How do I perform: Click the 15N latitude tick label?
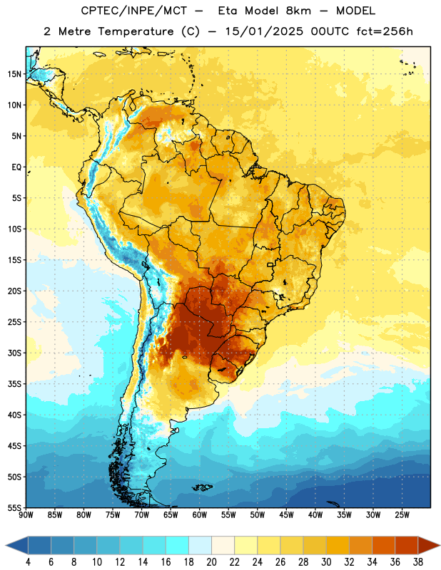[x=14, y=74]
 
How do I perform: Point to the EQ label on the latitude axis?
[x=16, y=167]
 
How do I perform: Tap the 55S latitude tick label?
[x=14, y=507]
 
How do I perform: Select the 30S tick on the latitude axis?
[x=14, y=353]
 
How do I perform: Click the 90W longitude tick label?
[x=26, y=515]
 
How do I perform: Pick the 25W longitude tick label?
[x=402, y=515]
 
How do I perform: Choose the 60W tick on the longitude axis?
[x=200, y=515]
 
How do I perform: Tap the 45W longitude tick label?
[x=286, y=515]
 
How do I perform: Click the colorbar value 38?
[x=418, y=562]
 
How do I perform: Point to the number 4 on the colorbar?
[x=28, y=562]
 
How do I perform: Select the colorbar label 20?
[x=211, y=562]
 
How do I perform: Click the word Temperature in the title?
[x=136, y=31]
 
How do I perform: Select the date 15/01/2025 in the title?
[x=264, y=31]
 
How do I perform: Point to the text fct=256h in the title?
[x=385, y=31]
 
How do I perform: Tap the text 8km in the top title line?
[x=298, y=11]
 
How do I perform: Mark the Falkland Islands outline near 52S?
[x=203, y=487]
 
